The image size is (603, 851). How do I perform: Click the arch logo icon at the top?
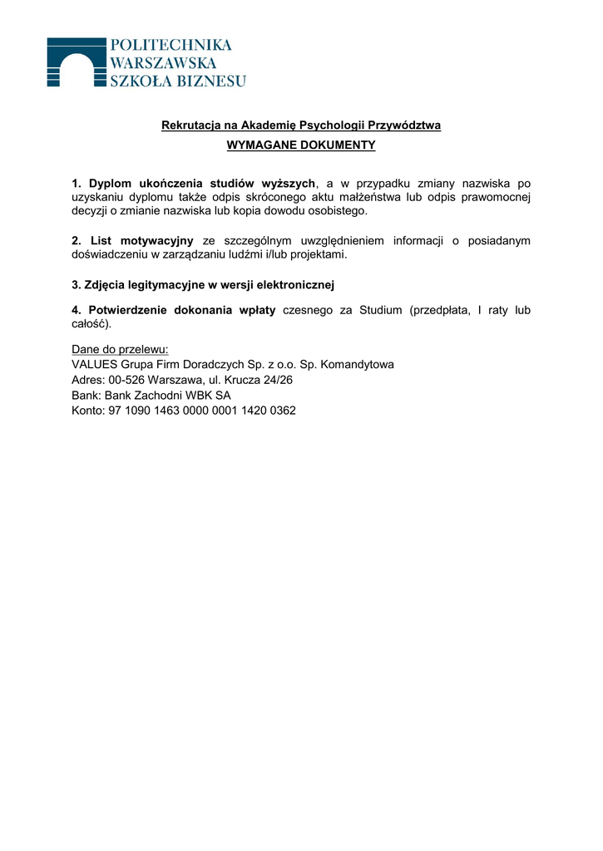tap(77, 61)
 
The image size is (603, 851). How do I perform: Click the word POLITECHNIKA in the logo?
tap(171, 45)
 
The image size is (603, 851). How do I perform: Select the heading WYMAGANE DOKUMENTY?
tap(301, 145)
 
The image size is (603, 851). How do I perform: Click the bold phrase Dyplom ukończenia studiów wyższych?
tap(202, 184)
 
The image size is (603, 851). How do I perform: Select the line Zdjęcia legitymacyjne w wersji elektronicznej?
tap(203, 285)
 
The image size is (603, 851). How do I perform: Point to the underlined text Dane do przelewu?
tap(120, 350)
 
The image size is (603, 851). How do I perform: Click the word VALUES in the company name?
tap(95, 365)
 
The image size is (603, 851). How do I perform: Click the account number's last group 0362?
tap(282, 411)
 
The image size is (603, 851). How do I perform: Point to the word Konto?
tap(87, 411)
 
